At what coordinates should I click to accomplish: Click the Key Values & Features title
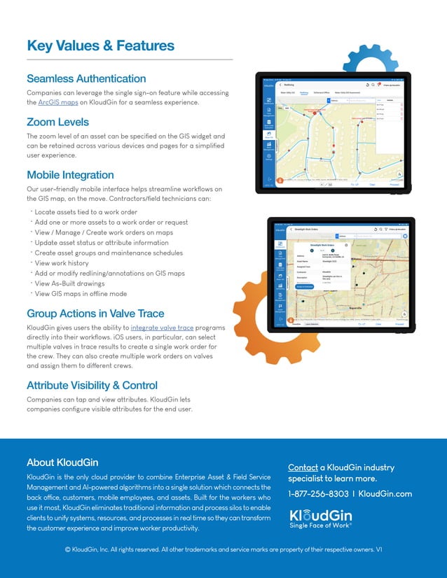(x=100, y=46)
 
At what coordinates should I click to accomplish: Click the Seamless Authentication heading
(x=86, y=78)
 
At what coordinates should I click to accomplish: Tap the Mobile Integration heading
(x=70, y=174)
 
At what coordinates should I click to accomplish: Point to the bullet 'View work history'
(x=64, y=263)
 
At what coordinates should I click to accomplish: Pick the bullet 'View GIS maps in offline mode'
(x=81, y=293)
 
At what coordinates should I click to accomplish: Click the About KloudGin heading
(x=62, y=462)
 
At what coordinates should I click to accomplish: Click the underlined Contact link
(x=303, y=467)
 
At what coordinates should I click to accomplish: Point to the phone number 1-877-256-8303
(x=318, y=493)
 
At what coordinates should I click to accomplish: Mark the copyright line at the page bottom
(x=224, y=550)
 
